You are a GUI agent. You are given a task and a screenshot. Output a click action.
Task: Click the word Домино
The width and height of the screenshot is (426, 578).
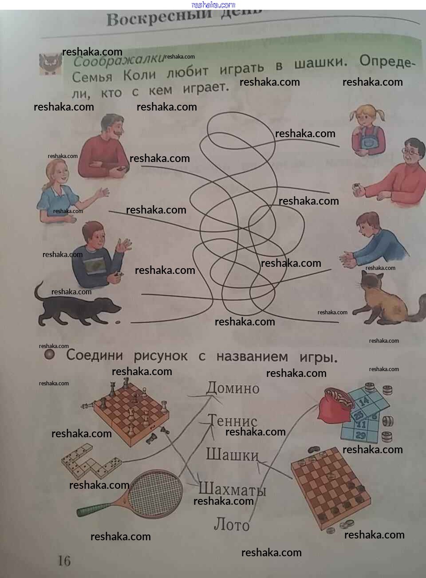point(233,388)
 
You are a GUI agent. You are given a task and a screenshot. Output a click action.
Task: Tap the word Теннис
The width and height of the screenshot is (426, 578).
point(233,420)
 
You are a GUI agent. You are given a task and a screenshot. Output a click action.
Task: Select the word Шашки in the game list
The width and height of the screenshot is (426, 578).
point(232,454)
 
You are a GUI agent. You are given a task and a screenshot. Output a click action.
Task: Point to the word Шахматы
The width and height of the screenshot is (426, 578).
point(232,489)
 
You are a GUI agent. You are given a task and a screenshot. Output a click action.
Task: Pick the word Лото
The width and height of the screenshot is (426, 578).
point(232,525)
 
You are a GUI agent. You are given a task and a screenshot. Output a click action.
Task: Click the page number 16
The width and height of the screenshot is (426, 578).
point(64,561)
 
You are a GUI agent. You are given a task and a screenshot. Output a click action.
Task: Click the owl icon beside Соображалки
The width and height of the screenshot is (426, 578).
point(50,63)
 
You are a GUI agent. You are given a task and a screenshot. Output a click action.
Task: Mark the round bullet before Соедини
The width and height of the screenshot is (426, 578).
point(50,354)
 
